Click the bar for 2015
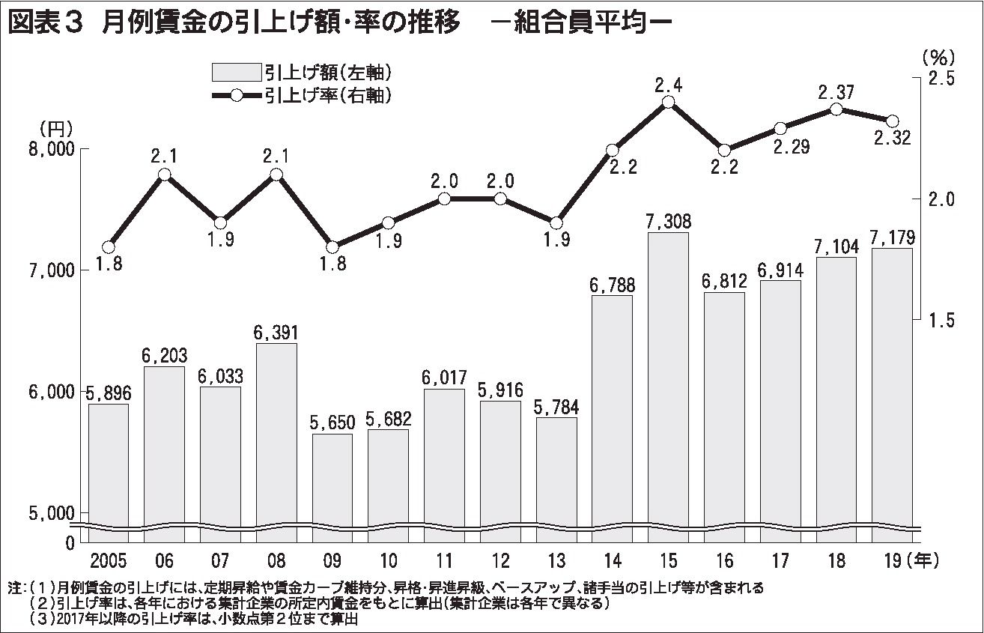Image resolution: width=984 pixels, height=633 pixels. click(x=668, y=375)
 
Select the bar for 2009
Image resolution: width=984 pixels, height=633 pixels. click(x=332, y=479)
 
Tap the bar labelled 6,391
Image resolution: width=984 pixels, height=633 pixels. click(x=276, y=434)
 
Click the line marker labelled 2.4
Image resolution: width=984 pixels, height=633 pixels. click(x=669, y=103)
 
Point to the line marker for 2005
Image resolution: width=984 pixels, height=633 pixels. click(x=109, y=246)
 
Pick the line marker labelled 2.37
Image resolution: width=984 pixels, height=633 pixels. click(x=836, y=109)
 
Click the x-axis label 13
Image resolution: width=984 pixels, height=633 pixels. click(x=556, y=560)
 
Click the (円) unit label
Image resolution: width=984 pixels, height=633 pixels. click(x=55, y=127)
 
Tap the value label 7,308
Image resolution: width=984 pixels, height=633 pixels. click(x=668, y=222)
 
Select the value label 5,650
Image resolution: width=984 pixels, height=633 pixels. click(x=332, y=423)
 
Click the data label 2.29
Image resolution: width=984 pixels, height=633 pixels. click(x=791, y=148)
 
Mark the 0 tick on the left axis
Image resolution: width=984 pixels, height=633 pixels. click(x=70, y=541)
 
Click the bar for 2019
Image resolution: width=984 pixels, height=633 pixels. click(x=892, y=386)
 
